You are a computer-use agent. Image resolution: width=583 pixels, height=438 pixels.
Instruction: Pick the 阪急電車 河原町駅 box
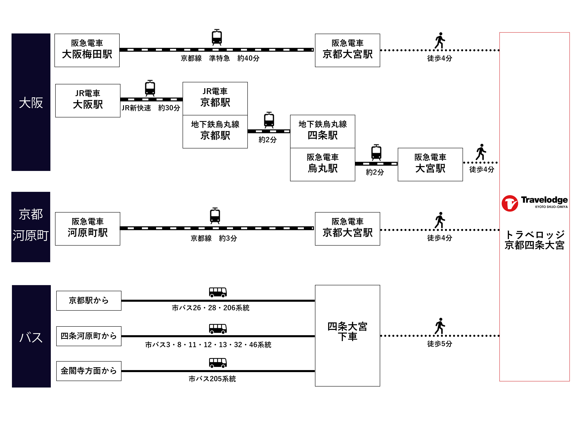87,229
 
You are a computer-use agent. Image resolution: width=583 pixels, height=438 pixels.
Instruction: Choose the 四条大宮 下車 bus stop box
347,335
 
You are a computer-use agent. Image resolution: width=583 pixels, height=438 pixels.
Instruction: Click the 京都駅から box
88,301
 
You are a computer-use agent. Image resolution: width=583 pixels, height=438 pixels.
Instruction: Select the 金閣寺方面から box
88,371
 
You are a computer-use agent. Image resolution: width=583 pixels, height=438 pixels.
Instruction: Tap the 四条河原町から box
88,336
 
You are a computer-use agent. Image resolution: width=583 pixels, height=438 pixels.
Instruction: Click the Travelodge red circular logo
510,203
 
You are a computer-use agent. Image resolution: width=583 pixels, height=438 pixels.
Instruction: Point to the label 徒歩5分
439,344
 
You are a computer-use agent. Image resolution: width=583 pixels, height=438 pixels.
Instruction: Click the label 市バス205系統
212,379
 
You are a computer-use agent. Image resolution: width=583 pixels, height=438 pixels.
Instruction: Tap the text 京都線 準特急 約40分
220,58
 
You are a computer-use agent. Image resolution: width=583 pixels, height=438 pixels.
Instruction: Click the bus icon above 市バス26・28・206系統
218,292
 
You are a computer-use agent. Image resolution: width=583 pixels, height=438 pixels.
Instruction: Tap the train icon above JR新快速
150,88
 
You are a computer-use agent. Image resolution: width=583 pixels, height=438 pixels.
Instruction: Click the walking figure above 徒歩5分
440,326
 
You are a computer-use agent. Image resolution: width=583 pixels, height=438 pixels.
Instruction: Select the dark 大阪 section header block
31,102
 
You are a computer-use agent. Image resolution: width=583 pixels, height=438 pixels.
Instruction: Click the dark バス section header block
31,336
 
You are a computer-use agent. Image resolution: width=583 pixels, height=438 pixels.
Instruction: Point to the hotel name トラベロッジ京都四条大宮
534,240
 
